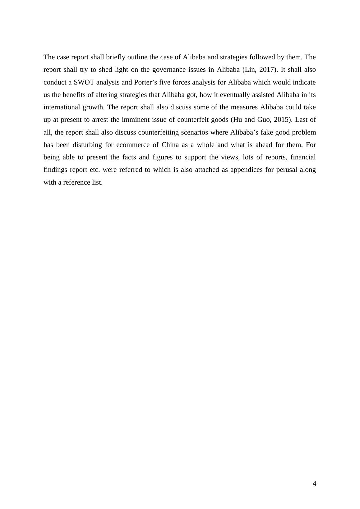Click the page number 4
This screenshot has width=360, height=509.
(314, 484)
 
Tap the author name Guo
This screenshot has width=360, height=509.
(264, 120)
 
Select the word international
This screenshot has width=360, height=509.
(61, 107)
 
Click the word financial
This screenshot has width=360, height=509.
(303, 157)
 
